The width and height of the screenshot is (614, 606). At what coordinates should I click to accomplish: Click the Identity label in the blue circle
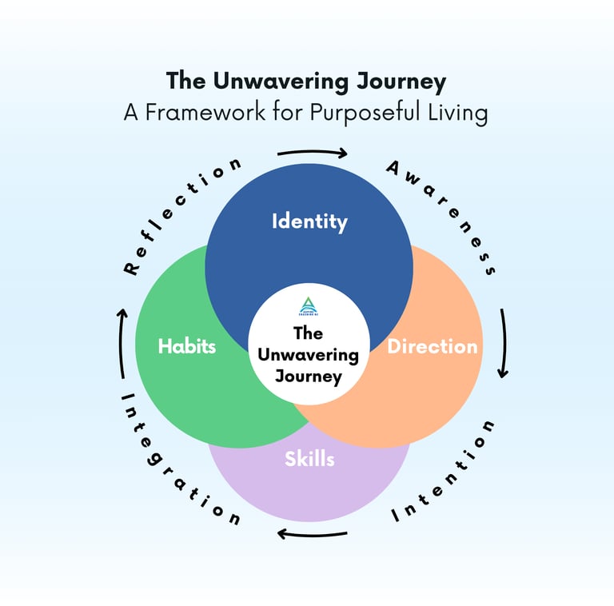point(309,221)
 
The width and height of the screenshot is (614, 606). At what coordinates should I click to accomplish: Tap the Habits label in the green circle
point(187,346)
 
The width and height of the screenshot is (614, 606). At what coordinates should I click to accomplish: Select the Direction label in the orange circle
point(432,346)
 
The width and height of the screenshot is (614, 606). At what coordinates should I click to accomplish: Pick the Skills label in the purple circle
point(309,459)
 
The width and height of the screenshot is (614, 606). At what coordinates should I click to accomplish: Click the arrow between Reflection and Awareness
point(311,152)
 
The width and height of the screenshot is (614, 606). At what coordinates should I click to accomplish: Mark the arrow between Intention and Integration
point(311,533)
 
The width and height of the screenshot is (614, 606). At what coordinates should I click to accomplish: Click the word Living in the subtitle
point(458,113)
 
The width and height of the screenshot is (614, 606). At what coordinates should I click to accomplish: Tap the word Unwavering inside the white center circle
point(309,354)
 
